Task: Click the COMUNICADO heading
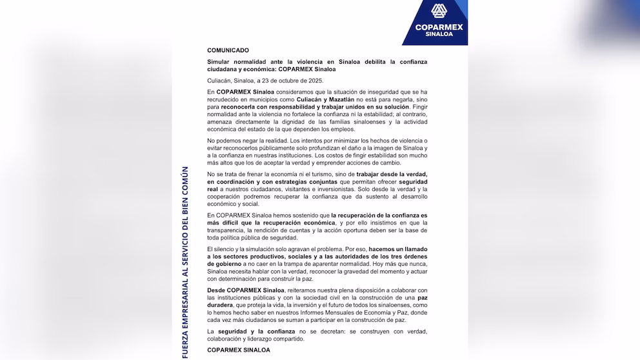[228, 50]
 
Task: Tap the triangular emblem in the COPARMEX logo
[439, 12]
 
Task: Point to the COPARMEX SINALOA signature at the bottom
[238, 350]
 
